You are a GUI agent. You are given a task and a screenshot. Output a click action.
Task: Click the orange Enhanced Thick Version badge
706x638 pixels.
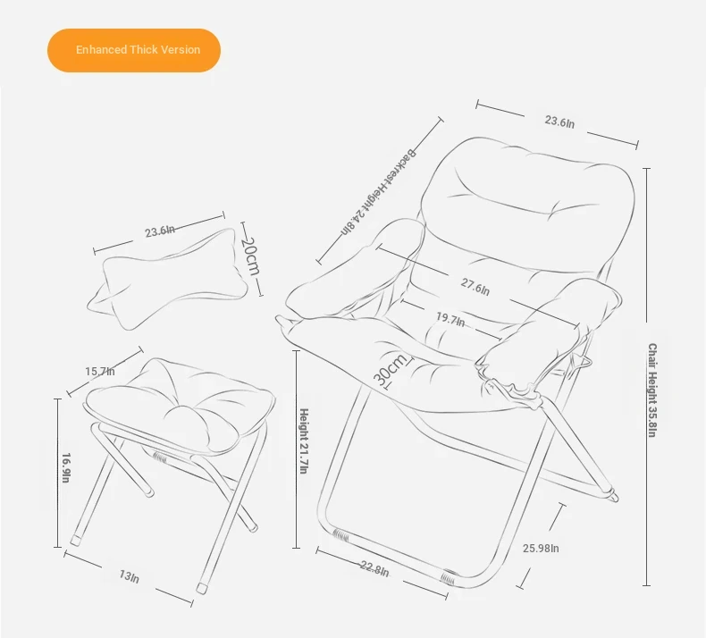(134, 50)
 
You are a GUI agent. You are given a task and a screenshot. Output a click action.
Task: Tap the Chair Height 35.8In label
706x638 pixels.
(652, 390)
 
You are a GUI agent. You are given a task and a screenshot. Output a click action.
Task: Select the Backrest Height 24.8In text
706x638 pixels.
(379, 192)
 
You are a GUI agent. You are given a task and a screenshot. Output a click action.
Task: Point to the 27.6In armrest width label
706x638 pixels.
(475, 286)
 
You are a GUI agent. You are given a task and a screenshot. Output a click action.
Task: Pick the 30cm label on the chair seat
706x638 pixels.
(391, 370)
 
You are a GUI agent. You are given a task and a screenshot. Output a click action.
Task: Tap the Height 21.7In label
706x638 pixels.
(304, 441)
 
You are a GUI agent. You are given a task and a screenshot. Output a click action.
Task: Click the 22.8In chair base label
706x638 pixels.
(374, 568)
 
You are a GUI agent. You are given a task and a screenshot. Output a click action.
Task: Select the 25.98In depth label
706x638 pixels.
(541, 548)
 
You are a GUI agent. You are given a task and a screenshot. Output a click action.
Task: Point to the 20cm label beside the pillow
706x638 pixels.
(250, 256)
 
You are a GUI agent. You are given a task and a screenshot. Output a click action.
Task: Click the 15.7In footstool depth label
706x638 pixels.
(100, 372)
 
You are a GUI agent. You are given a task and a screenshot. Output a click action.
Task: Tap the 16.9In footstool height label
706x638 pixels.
(66, 468)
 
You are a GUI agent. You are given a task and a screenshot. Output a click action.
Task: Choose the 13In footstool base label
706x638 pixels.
(130, 576)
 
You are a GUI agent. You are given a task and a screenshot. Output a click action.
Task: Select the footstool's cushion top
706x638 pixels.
(181, 405)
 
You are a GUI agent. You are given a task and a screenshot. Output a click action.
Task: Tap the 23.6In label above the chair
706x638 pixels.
(559, 122)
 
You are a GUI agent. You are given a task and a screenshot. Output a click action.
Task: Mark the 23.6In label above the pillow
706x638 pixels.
(160, 231)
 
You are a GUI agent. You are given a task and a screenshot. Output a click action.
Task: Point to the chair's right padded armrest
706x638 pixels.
(550, 333)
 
